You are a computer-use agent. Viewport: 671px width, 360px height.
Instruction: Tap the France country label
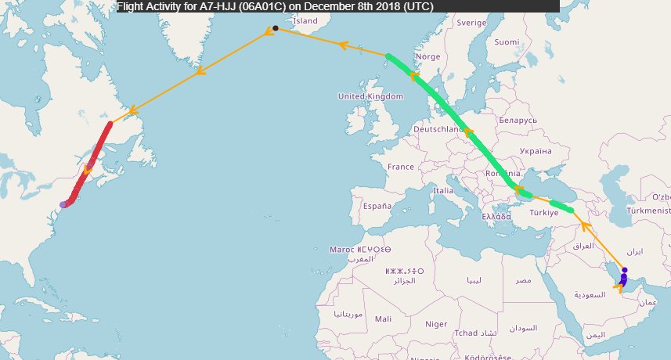click(400, 167)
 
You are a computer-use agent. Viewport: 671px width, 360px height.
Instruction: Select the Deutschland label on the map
click(439, 128)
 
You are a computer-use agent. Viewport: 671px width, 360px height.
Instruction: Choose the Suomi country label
click(507, 41)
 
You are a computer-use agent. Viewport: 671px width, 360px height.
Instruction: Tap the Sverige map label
click(471, 23)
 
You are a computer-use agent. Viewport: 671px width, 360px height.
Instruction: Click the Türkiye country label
click(543, 212)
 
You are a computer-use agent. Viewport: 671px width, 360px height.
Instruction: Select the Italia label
click(443, 190)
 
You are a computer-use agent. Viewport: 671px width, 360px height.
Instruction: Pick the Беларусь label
click(517, 121)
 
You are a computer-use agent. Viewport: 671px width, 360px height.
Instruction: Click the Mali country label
click(384, 319)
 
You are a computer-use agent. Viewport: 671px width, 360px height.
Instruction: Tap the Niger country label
click(436, 324)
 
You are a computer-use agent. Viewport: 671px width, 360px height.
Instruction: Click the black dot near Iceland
click(276, 28)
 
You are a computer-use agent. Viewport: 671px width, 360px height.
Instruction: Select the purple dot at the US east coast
click(63, 204)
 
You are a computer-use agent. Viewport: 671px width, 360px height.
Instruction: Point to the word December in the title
click(329, 5)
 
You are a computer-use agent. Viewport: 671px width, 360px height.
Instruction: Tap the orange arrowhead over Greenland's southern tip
click(199, 71)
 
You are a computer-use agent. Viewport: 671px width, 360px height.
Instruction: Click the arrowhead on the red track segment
click(88, 168)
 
